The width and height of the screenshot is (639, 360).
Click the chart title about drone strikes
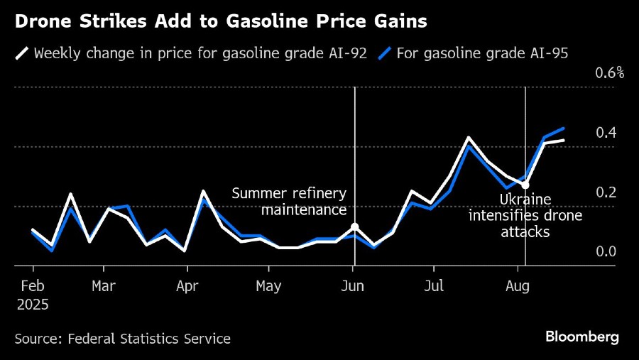click(220, 22)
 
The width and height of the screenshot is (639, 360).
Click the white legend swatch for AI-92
click(22, 53)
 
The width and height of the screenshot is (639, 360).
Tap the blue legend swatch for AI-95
click(384, 53)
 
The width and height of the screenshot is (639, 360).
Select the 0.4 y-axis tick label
click(606, 133)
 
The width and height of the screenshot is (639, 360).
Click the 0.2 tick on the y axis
click(606, 192)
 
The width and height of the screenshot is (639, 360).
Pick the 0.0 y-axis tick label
click(606, 251)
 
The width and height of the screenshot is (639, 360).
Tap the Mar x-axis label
click(104, 286)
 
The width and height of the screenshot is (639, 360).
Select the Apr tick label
click(187, 286)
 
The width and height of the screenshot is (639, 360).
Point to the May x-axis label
click(268, 286)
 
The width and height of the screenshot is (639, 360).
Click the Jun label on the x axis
click(353, 286)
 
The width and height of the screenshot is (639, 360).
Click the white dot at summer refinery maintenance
click(355, 227)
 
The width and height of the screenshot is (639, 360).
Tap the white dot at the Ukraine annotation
click(525, 185)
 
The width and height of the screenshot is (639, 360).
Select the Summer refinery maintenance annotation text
click(290, 202)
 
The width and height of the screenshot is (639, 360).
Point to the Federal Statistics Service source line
click(122, 339)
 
